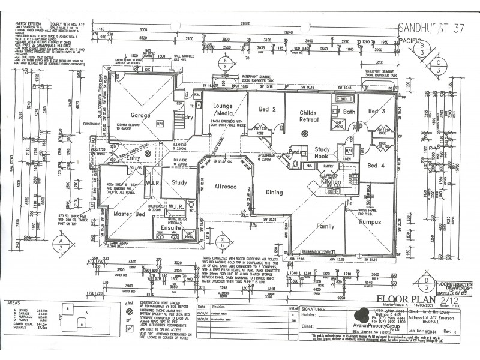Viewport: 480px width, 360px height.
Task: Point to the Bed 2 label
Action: coord(267,110)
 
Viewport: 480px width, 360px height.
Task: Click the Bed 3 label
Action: coord(377,111)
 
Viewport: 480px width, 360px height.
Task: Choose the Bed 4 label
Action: coord(376,166)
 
